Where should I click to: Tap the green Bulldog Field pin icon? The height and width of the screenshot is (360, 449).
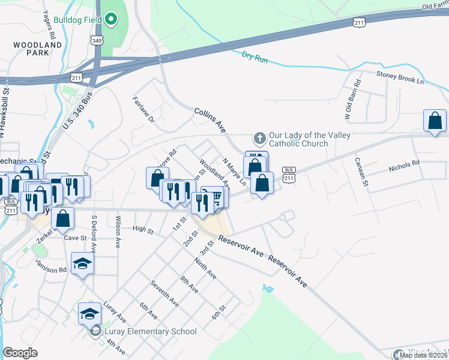(111, 19)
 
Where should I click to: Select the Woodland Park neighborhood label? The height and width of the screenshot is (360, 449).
(37, 49)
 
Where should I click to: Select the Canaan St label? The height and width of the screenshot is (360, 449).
(360, 172)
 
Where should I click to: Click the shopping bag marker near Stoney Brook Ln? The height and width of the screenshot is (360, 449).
(435, 121)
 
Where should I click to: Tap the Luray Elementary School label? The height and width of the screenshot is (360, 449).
(151, 331)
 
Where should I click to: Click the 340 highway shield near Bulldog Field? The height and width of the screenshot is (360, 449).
(97, 39)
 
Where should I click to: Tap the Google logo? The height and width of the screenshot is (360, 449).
(20, 353)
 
